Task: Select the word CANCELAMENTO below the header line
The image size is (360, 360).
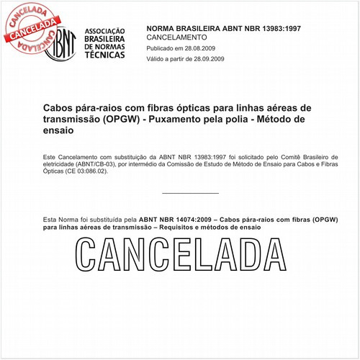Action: [x=176, y=36]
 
